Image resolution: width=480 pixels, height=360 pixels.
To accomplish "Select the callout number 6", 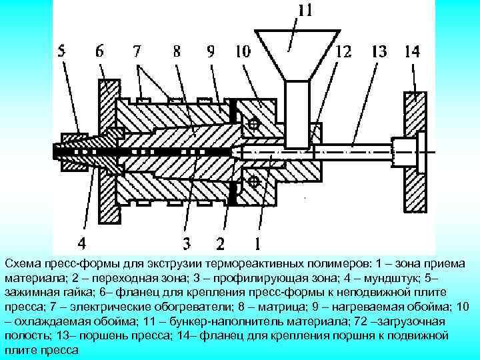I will coord(100,51).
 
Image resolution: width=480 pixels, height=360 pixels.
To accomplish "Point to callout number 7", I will coord(137,51).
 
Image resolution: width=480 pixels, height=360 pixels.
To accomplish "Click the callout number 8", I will coord(176,51).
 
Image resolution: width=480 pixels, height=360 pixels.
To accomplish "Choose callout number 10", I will coord(242,51).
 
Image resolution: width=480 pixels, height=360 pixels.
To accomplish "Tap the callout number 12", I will coord(345,51).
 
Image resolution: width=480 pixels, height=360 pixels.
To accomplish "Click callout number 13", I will coord(379,51).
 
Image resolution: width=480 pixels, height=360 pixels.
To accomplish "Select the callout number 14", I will coord(411,51).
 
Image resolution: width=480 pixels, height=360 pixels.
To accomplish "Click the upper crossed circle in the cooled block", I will coord(253,123).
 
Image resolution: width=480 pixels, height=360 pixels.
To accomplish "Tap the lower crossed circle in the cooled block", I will coord(253,181).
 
